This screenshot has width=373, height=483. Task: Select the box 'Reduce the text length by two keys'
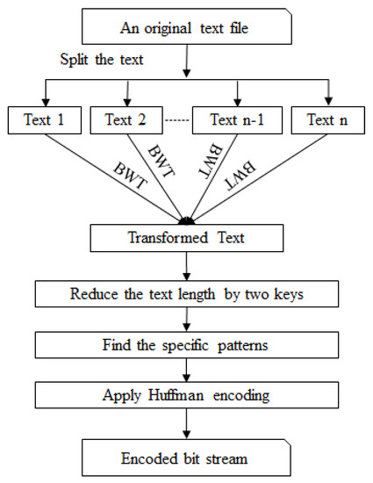186,292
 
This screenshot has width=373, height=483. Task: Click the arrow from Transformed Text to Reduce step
186,264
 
